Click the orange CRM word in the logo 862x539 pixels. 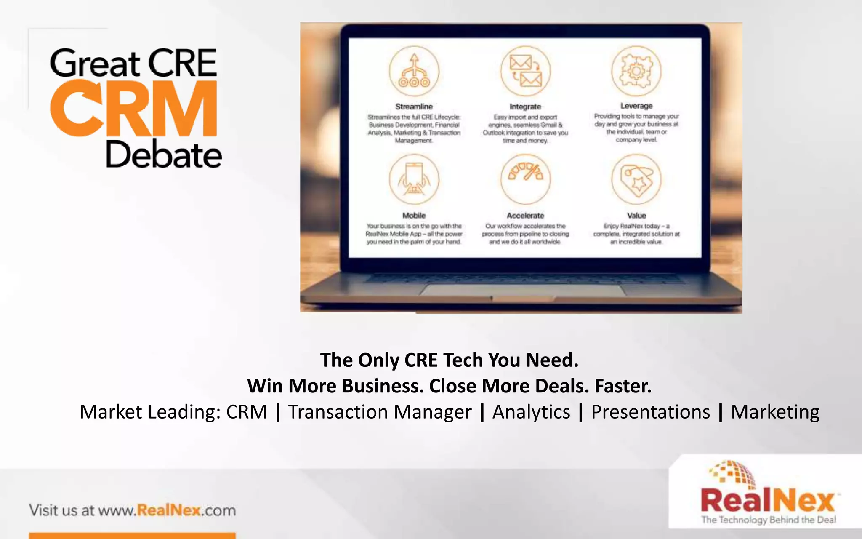pyautogui.click(x=134, y=109)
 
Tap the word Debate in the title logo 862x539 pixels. pyautogui.click(x=163, y=155)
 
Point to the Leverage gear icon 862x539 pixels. pyautogui.click(x=636, y=71)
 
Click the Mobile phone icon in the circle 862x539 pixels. pyautogui.click(x=414, y=179)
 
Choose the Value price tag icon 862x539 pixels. pyautogui.click(x=636, y=179)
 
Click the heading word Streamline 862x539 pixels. pyautogui.click(x=414, y=107)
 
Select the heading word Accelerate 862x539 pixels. pyautogui.click(x=525, y=216)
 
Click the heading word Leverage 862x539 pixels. pyautogui.click(x=636, y=106)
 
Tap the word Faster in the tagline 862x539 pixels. pyautogui.click(x=623, y=386)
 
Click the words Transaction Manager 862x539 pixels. pyautogui.click(x=380, y=412)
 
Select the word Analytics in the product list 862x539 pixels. pyautogui.click(x=531, y=412)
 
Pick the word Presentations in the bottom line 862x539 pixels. pyautogui.click(x=650, y=412)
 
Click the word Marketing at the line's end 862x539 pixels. pyautogui.click(x=775, y=412)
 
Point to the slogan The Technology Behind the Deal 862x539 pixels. pyautogui.click(x=768, y=520)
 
